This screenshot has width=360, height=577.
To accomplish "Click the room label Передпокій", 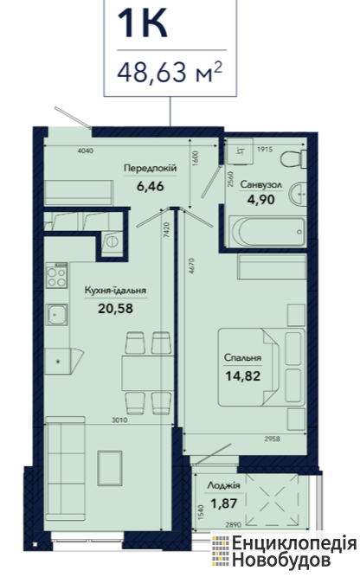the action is (151, 168).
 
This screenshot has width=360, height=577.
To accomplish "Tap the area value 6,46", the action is (151, 186).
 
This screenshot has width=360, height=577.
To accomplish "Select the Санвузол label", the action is (261, 184).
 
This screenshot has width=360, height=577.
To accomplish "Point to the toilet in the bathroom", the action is (293, 159).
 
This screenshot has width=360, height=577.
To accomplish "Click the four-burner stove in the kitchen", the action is (57, 275).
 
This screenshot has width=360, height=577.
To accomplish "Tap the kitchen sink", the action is (56, 315).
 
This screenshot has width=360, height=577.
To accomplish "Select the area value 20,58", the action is (115, 308).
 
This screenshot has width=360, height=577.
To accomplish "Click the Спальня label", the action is (242, 357).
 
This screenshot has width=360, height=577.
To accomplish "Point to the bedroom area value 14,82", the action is (243, 376).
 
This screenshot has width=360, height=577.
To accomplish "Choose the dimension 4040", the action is (86, 151).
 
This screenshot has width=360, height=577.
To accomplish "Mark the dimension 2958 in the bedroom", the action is (272, 439).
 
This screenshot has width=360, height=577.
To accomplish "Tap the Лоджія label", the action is (223, 486).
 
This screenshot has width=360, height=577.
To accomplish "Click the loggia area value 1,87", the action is (223, 503).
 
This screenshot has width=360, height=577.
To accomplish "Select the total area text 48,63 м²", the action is (170, 72).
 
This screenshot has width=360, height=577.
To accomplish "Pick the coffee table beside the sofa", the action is (110, 468).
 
